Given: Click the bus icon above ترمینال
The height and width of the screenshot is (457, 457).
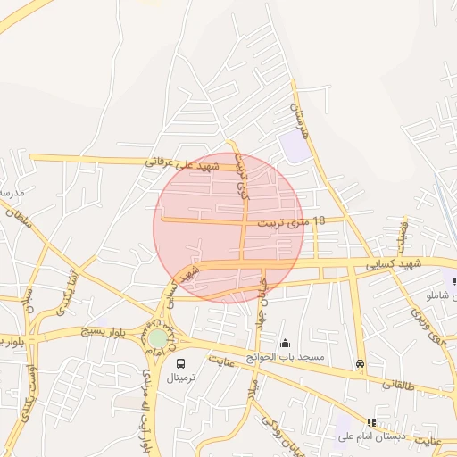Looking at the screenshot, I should pyautogui.click(x=181, y=363).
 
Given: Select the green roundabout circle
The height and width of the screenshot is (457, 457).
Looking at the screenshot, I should pyautogui.click(x=157, y=338).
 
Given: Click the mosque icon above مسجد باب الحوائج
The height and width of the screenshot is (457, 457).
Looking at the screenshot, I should pyautogui.click(x=286, y=344).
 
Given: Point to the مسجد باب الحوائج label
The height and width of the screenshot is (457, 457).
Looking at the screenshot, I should pyautogui.click(x=286, y=357).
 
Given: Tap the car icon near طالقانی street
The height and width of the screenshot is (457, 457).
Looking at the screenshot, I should pyautogui.click(x=360, y=363).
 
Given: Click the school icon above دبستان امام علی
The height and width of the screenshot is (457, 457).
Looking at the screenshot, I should pyautogui.click(x=371, y=422).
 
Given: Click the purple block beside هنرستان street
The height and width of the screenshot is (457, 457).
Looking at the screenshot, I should pyautogui.click(x=295, y=146).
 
